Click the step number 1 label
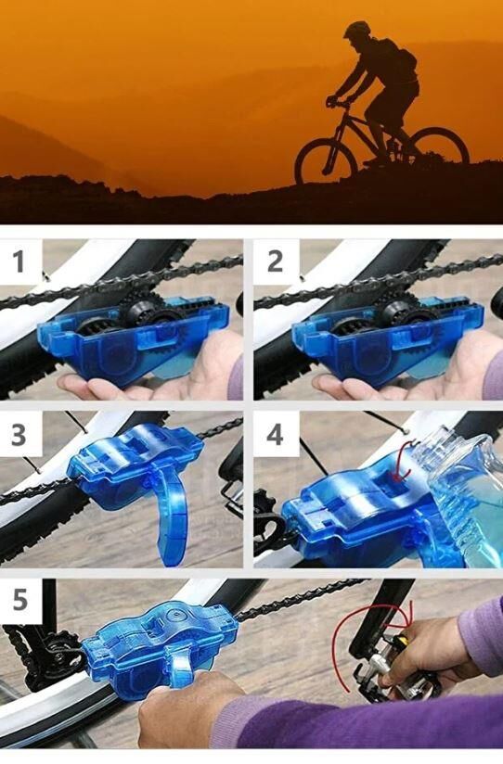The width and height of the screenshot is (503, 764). [19, 261]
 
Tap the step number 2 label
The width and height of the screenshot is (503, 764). [275, 261]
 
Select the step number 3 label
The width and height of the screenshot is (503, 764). [19, 434]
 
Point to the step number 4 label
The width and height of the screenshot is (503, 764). [275, 434]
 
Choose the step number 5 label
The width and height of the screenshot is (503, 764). [19, 600]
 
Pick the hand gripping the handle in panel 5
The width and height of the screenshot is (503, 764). [190, 709]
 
